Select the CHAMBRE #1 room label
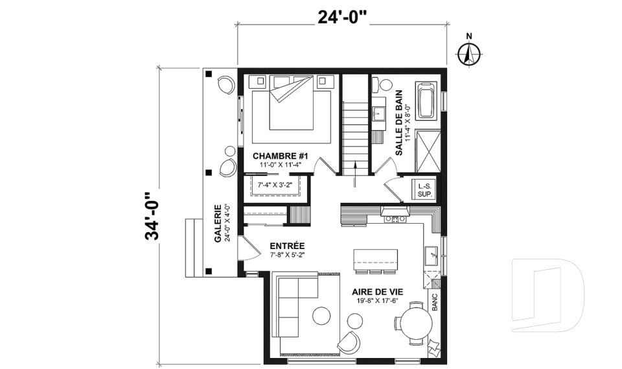(280, 156)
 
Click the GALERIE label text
(218, 224)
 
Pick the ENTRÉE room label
(287, 246)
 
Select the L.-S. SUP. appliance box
(426, 189)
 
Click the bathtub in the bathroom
(427, 101)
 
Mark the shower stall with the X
(426, 150)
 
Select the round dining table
(415, 322)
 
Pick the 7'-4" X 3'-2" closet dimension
(275, 185)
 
